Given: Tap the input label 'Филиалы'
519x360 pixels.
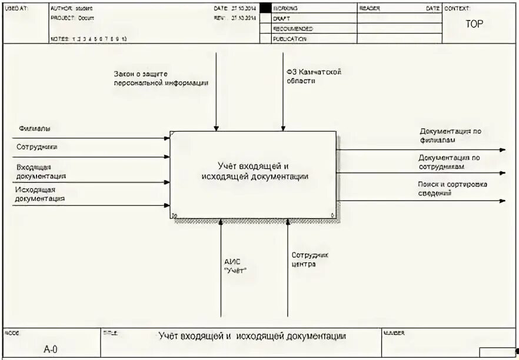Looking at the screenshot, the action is click(34, 128).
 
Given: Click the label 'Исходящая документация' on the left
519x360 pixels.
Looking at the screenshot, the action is click(40, 194).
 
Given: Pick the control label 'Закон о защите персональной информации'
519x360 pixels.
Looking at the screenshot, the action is click(161, 78).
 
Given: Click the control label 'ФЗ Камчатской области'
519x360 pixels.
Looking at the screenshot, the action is click(314, 76).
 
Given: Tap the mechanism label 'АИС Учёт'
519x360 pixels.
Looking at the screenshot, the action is click(235, 266).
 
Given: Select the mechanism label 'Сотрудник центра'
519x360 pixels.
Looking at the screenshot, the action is click(310, 259).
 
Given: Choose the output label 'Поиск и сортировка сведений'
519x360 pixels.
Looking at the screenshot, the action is click(453, 188).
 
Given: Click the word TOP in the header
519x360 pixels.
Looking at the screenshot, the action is click(474, 25).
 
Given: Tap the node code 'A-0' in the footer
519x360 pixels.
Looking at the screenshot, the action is click(51, 349).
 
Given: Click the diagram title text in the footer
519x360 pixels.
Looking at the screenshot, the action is click(252, 336).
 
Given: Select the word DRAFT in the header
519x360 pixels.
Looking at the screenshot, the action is click(281, 19).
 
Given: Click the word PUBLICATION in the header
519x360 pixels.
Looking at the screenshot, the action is click(290, 39).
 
